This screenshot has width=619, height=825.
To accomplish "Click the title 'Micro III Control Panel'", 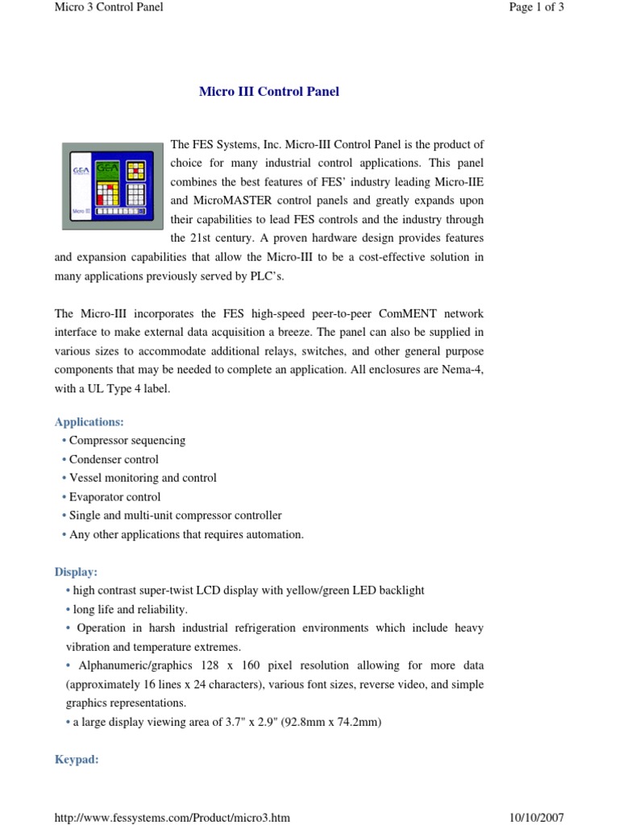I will pyautogui.click(x=268, y=92).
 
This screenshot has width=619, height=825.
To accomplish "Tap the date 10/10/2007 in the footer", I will pyautogui.click(x=537, y=818).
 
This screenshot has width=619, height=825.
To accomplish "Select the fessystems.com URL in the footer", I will pyautogui.click(x=172, y=818).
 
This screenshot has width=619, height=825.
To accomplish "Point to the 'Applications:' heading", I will pyautogui.click(x=89, y=422).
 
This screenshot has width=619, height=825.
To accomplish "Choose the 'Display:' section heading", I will pyautogui.click(x=76, y=572).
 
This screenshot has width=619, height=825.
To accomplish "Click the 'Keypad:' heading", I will pyautogui.click(x=77, y=759).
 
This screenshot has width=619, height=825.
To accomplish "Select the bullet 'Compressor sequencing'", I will pyautogui.click(x=127, y=441).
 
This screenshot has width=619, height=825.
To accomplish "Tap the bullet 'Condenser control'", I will pyautogui.click(x=114, y=459).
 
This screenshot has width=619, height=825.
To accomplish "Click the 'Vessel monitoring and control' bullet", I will pyautogui.click(x=143, y=478).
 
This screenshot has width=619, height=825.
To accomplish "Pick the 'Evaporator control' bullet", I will pyautogui.click(x=114, y=497).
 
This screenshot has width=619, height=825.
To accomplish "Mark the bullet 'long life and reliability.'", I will pyautogui.click(x=130, y=609).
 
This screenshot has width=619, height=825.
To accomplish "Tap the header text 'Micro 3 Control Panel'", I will pyautogui.click(x=108, y=7).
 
